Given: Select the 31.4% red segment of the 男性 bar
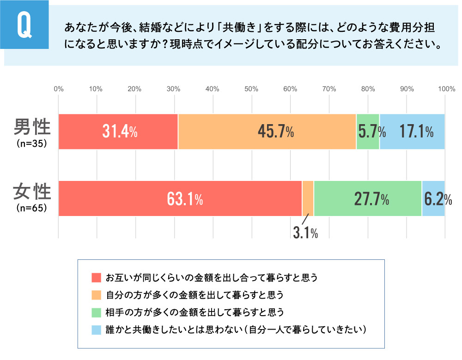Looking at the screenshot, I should coord(118,132).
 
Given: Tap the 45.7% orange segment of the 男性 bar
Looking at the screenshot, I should coord(267,132).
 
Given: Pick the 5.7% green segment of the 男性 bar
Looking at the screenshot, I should coord(368,132).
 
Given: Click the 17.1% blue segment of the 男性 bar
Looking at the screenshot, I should coord(412,132).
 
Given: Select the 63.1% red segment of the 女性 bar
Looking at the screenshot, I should coord(180,198).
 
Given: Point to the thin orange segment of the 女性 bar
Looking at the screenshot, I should coord(308,198).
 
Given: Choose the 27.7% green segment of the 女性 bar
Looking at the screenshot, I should coord(368,198).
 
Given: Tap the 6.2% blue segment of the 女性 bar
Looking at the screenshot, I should coord(433,198).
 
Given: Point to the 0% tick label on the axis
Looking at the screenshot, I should coord(59,89).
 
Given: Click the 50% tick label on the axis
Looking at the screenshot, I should coord(251,89).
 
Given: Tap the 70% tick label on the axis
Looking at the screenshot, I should coord(329,89).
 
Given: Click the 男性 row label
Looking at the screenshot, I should coord(31,126).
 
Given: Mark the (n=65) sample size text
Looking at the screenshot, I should coord(31,208).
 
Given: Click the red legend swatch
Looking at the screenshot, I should coord(96,278).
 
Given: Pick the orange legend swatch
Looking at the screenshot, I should coord(96,294).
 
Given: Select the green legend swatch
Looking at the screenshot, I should coord(96,312).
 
